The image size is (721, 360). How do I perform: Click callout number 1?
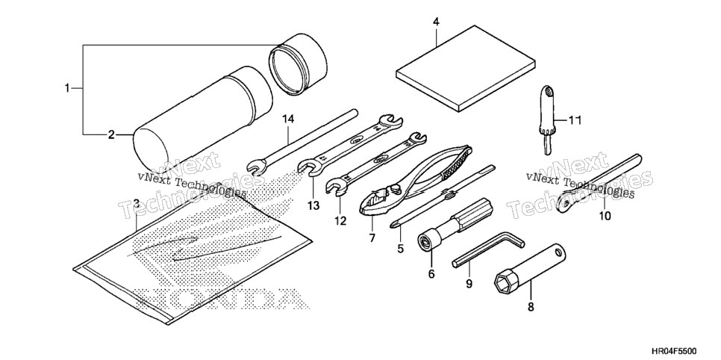tap(67, 87)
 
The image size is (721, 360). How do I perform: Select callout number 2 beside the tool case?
tap(110, 135)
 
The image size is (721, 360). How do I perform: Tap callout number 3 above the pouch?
tap(137, 203)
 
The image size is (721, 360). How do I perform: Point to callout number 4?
tap(436, 22)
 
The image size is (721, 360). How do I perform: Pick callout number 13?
tap(313, 206)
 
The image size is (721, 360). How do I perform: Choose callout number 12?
tap(340, 221)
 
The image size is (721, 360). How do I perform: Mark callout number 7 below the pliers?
tap(372, 238)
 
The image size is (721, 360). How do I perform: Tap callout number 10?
tap(605, 215)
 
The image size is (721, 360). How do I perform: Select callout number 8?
tap(531, 307)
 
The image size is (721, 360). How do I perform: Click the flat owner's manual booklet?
tap(466, 68)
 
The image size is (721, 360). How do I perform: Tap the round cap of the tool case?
tap(298, 63)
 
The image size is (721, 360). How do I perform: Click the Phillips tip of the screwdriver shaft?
tap(394, 225)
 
